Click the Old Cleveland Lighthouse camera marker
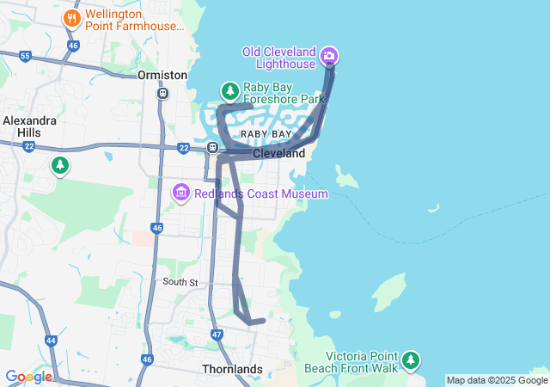(328, 57)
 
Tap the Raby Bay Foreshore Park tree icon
(229, 90)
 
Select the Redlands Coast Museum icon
(181, 193)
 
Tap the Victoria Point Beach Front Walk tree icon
(412, 359)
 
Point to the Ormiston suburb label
(162, 76)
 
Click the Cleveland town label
(278, 154)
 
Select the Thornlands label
(232, 369)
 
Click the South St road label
(181, 282)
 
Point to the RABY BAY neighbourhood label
(266, 135)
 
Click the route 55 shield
(25, 57)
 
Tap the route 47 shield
(217, 334)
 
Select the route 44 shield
(51, 341)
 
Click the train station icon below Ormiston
(162, 93)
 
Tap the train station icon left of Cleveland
(212, 148)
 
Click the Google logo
(28, 377)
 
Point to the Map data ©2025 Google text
(497, 380)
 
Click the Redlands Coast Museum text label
(260, 194)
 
